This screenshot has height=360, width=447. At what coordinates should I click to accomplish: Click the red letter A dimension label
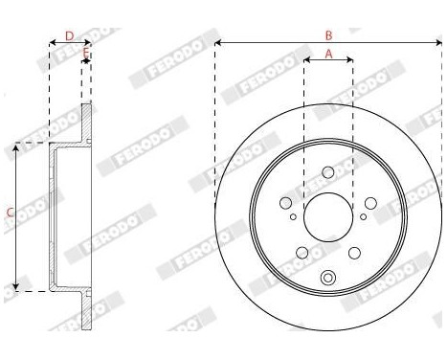click(328, 55)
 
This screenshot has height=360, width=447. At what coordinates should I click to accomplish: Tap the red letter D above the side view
click(69, 35)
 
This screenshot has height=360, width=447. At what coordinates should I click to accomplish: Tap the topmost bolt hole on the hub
click(328, 172)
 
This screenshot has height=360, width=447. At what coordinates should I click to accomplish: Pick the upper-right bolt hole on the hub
click(369, 203)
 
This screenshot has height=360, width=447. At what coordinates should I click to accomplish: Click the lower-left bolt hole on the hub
click(302, 252)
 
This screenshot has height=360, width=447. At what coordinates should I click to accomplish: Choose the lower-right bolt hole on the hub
click(353, 252)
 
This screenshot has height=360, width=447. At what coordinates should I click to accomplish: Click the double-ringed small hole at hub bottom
click(328, 279)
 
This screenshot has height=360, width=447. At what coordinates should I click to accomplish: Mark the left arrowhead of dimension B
click(217, 43)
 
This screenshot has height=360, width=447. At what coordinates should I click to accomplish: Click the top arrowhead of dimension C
click(17, 147)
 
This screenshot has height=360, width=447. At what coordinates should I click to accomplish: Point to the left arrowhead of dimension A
click(306, 61)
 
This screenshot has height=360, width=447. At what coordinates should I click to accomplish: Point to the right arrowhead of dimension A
click(350, 61)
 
